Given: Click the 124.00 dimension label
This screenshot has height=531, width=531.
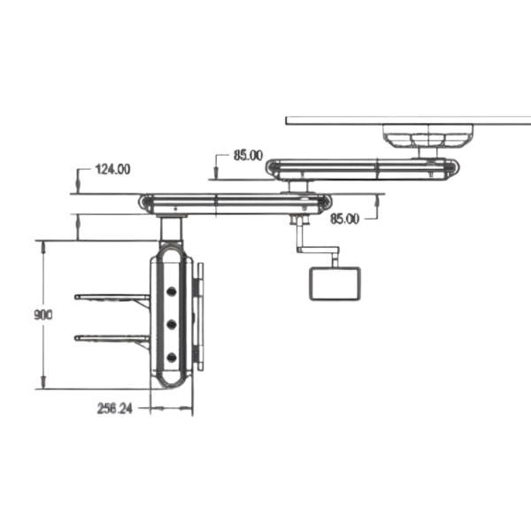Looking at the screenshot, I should coord(112,168).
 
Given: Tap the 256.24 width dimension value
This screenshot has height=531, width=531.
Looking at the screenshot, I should coord(116,409).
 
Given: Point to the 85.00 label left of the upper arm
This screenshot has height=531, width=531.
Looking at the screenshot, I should coord(248,156).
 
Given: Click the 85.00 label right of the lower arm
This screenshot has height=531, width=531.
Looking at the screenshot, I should coord(344,218).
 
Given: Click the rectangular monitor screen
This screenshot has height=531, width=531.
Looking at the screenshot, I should coord(334,283).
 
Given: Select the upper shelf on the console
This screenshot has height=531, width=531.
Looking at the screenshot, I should coord(112,297).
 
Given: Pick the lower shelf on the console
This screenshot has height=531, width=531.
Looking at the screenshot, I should coord(112,337).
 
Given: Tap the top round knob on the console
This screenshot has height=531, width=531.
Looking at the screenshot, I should coord(171,289).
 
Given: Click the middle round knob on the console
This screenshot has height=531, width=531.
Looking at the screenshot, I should coord(171,324).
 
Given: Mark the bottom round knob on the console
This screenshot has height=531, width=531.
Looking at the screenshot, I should coord(171,358).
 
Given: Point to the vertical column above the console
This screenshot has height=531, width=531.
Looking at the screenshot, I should coord(171,231).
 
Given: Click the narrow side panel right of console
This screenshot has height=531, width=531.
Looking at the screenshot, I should coord(199,316).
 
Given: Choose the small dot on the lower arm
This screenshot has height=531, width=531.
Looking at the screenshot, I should coord(178,212).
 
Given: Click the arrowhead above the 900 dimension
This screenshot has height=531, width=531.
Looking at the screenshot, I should coord(42,245).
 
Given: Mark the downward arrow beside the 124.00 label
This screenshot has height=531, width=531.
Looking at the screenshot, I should coord(79,185).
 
